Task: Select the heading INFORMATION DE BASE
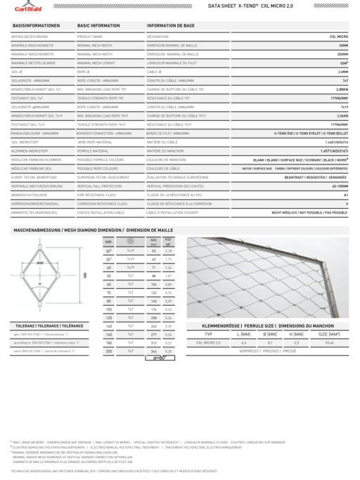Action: click(171, 25)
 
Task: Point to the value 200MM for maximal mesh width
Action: click(342, 53)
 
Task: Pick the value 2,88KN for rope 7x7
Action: click(342, 90)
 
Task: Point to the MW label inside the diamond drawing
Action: click(40, 262)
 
